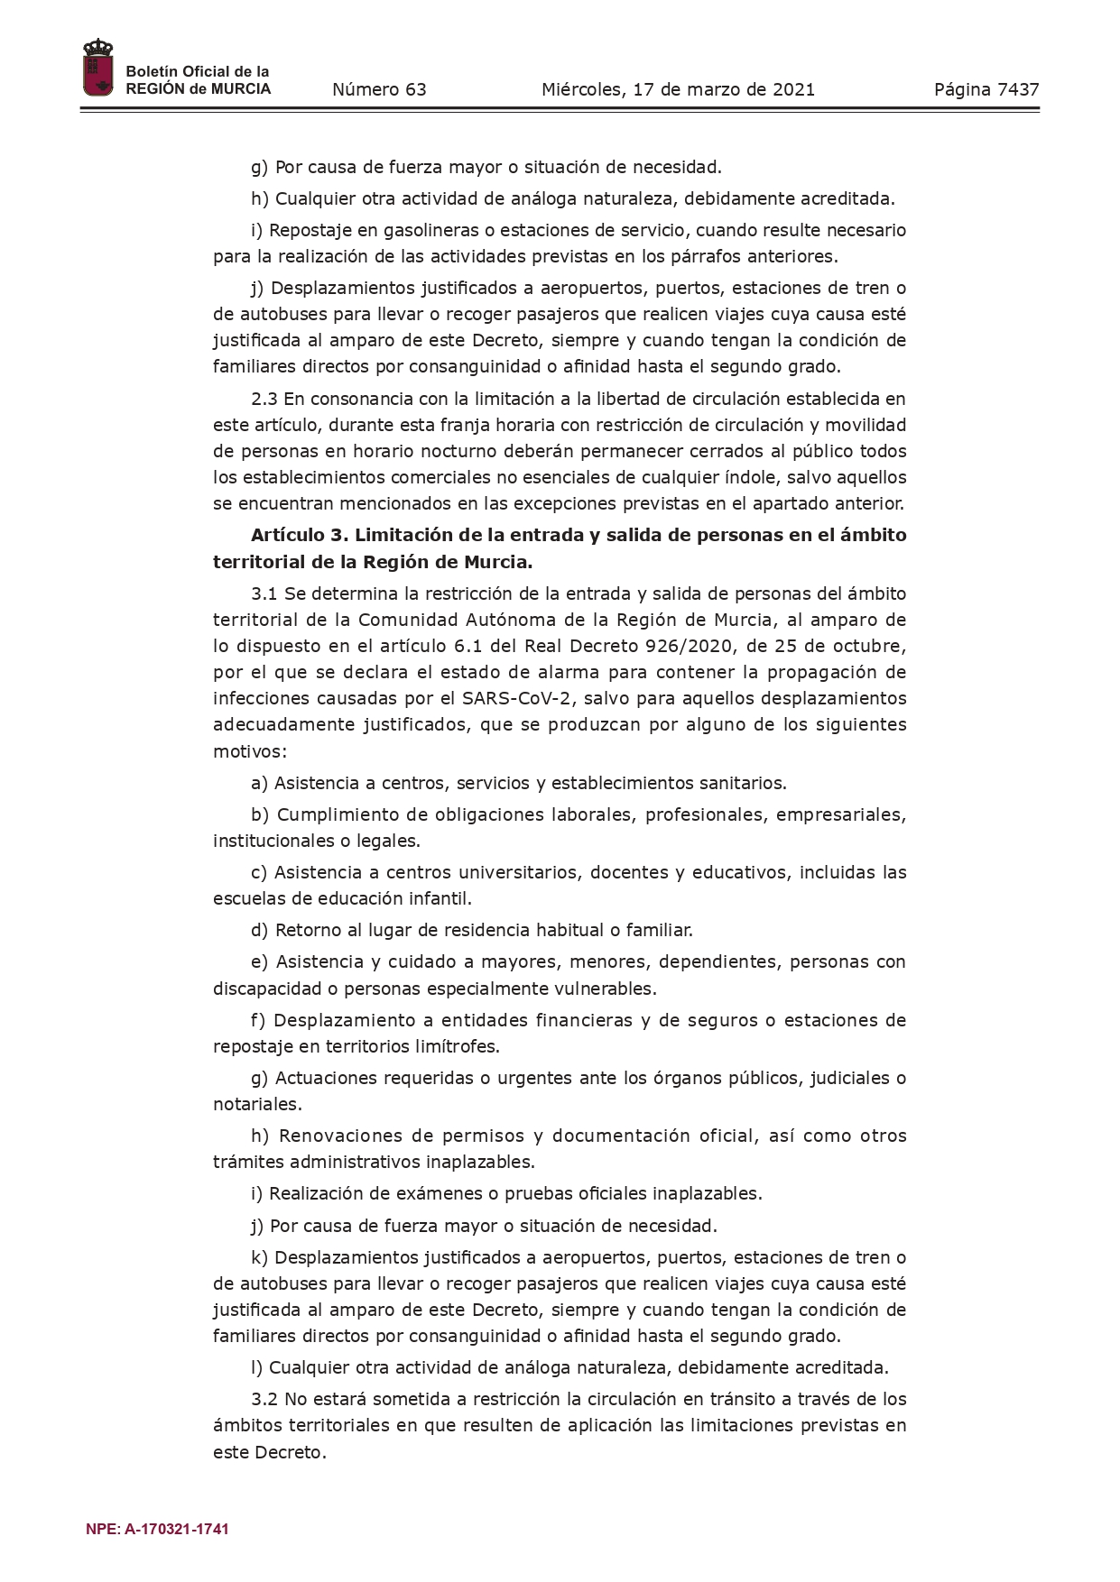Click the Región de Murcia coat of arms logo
(97, 69)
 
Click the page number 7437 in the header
(1018, 89)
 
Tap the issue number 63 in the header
(415, 89)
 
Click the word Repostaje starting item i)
(304, 230)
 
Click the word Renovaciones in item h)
(338, 1136)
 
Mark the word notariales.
(256, 1104)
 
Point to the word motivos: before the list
(250, 750)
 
